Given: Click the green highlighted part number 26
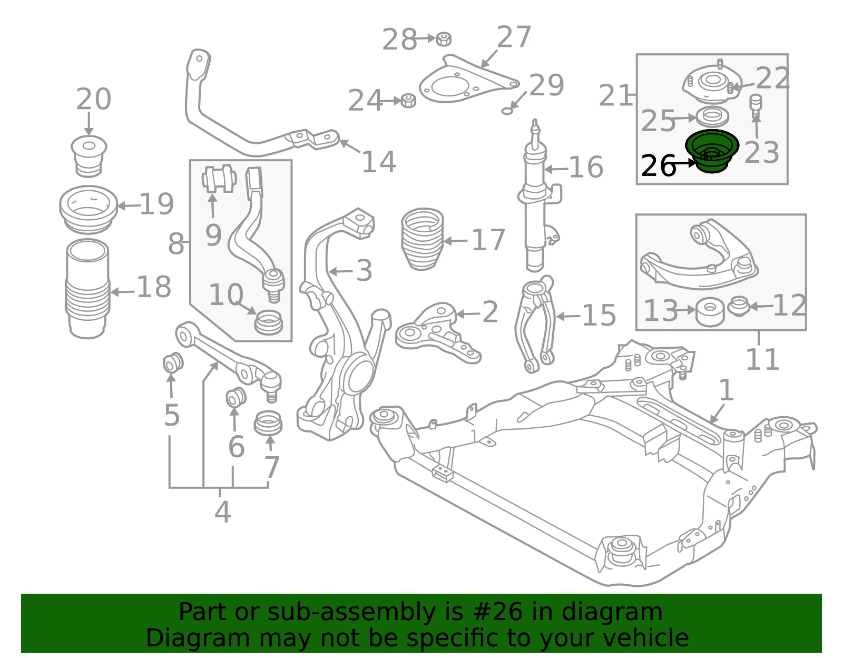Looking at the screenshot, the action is pyautogui.click(x=712, y=151).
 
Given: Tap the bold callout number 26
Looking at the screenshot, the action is pyautogui.click(x=659, y=165).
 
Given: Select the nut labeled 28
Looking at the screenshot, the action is pyautogui.click(x=444, y=39).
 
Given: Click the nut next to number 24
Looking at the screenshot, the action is pyautogui.click(x=408, y=101).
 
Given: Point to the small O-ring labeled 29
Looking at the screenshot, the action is pyautogui.click(x=507, y=111).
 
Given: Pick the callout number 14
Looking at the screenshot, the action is pyautogui.click(x=379, y=162).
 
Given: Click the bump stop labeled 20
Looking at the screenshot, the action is pyautogui.click(x=89, y=156).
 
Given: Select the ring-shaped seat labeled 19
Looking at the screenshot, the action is pyautogui.click(x=89, y=209).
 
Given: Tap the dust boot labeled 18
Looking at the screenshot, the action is pyautogui.click(x=87, y=289).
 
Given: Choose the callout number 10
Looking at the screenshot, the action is pyautogui.click(x=226, y=294).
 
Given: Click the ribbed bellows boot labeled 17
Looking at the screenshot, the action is pyautogui.click(x=422, y=239).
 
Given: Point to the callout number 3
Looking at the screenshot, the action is pyautogui.click(x=364, y=270).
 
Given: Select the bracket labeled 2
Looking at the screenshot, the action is pyautogui.click(x=438, y=332).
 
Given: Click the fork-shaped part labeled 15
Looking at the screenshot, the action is pyautogui.click(x=535, y=324).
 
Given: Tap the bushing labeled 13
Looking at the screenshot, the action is pyautogui.click(x=710, y=311).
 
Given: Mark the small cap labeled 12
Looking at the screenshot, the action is pyautogui.click(x=739, y=306).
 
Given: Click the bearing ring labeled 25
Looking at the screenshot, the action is pyautogui.click(x=713, y=116).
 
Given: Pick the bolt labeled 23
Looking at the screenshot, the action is pyautogui.click(x=756, y=106).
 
